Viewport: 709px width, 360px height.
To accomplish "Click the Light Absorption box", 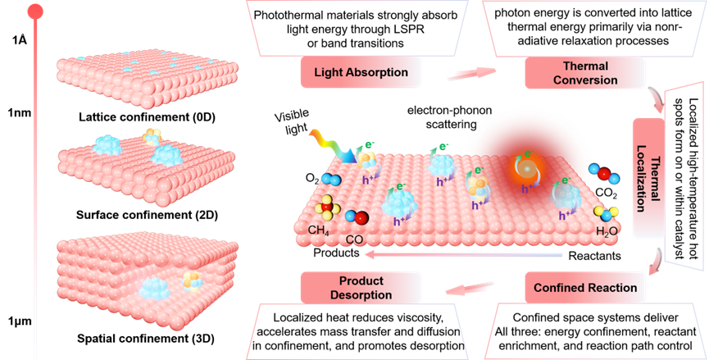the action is coord(361,72).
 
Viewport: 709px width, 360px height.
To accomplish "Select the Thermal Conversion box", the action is coord(585,73).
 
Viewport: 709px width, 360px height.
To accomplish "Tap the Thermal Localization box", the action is coord(648,178).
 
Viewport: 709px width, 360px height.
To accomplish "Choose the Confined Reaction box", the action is coord(585,288).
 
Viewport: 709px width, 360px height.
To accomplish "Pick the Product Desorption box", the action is coord(361,288).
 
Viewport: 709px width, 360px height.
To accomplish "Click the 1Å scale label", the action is coord(20,40).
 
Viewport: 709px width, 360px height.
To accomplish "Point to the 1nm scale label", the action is coord(20,112).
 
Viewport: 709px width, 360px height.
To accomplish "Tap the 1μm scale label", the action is coord(20,321).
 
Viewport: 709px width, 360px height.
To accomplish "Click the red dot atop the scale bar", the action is coord(35,12).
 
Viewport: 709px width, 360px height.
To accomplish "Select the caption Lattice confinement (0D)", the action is coord(147,117).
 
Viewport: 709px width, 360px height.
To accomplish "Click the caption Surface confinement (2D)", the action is coord(147,215).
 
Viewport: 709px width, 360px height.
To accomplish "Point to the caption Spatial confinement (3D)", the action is coord(146,339).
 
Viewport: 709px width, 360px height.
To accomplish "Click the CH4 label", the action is coord(319,230).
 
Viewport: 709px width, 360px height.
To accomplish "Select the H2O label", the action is coord(607,231).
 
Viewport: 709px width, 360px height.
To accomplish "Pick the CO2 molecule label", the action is coord(606,193).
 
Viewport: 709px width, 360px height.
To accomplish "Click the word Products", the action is coord(336,253).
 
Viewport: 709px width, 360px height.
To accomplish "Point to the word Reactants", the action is coord(594,256).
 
